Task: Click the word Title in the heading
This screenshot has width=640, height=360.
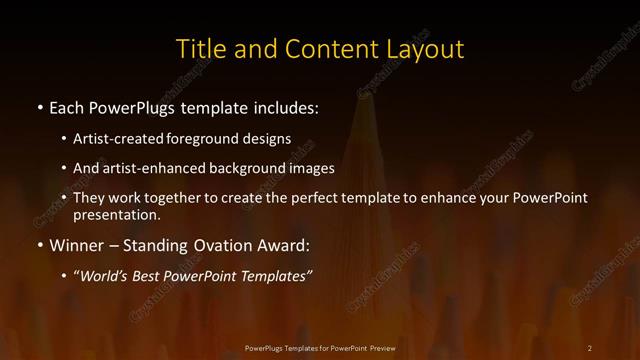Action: point(198,48)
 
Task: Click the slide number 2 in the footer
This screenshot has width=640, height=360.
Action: point(590,347)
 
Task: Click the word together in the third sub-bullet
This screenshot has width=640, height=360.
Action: point(197,198)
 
